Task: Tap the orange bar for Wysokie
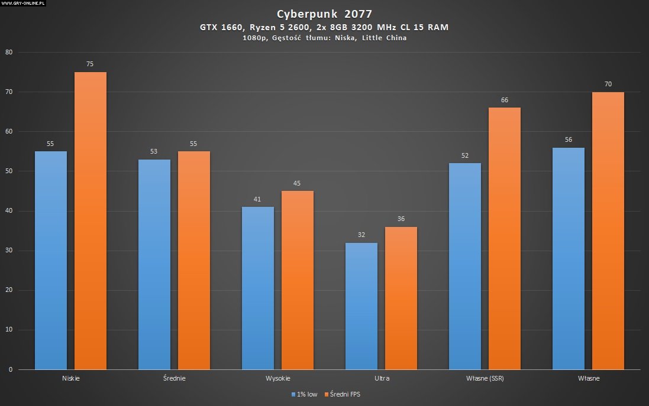(297, 280)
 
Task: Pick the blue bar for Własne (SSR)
(464, 266)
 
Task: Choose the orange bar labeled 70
(608, 230)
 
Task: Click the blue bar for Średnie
(154, 264)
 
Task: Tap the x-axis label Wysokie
(277, 378)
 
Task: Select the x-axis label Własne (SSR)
(485, 378)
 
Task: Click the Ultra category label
(382, 378)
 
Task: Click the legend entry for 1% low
(304, 394)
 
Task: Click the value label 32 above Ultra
(361, 235)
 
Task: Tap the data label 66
(505, 100)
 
